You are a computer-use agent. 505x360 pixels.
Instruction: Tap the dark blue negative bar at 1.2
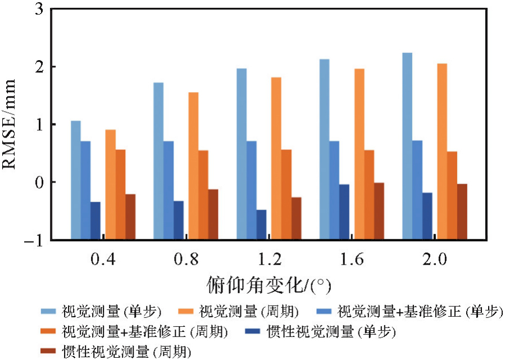[x=261, y=197]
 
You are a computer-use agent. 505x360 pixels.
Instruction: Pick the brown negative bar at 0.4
[x=130, y=188]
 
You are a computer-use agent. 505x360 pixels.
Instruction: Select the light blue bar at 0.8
[x=158, y=133]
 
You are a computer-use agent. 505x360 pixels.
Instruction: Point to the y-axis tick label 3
[x=39, y=10]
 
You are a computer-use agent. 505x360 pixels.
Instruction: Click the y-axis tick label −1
[x=35, y=240]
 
